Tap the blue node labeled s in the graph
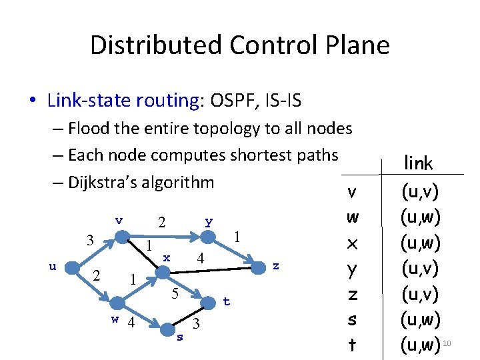pos(167,329)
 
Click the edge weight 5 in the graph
pos(173,293)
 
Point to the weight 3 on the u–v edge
pos(90,239)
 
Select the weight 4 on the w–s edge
pos(131,323)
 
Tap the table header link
pos(419,163)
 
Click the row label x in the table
pos(353,244)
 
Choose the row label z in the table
pos(353,295)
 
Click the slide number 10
pos(447,343)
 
